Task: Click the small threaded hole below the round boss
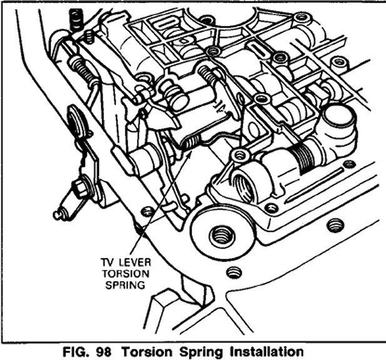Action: [x=234, y=273]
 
